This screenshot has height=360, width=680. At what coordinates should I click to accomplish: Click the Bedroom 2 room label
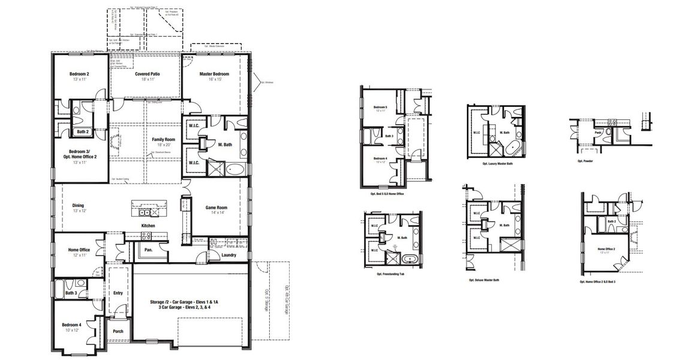(79, 74)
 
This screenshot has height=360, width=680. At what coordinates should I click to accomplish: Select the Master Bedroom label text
(214, 74)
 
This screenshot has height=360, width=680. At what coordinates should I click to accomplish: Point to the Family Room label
(163, 139)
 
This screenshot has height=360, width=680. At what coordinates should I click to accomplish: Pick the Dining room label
(79, 205)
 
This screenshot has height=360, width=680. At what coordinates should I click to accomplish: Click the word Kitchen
(148, 226)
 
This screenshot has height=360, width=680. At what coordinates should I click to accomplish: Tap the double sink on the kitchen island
(145, 212)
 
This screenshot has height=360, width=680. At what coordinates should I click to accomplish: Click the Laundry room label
(228, 255)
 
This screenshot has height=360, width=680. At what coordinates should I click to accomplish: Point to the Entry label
(118, 293)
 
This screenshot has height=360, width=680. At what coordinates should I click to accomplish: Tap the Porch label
(118, 331)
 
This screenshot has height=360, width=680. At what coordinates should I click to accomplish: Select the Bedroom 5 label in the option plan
(380, 107)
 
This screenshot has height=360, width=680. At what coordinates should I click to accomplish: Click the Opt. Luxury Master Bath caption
(497, 163)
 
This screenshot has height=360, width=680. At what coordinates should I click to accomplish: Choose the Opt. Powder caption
(585, 161)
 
